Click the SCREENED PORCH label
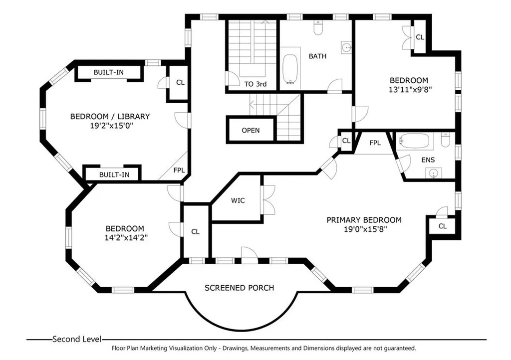tap(239, 288)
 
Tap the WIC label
tap(238, 200)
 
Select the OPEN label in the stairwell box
tap(251, 130)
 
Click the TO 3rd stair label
tap(255, 84)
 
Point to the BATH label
tap(317, 56)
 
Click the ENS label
tap(428, 160)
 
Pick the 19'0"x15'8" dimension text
tap(365, 229)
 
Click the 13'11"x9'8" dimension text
tap(410, 90)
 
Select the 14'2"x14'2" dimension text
tap(126, 238)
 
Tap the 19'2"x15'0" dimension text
tap(112, 126)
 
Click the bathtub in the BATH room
tap(290, 69)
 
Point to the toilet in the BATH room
tap(317, 27)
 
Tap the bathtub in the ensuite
tap(413, 141)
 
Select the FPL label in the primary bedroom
tap(375, 143)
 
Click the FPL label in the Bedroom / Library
tap(179, 170)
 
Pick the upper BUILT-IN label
tap(108, 72)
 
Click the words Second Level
tap(76, 339)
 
